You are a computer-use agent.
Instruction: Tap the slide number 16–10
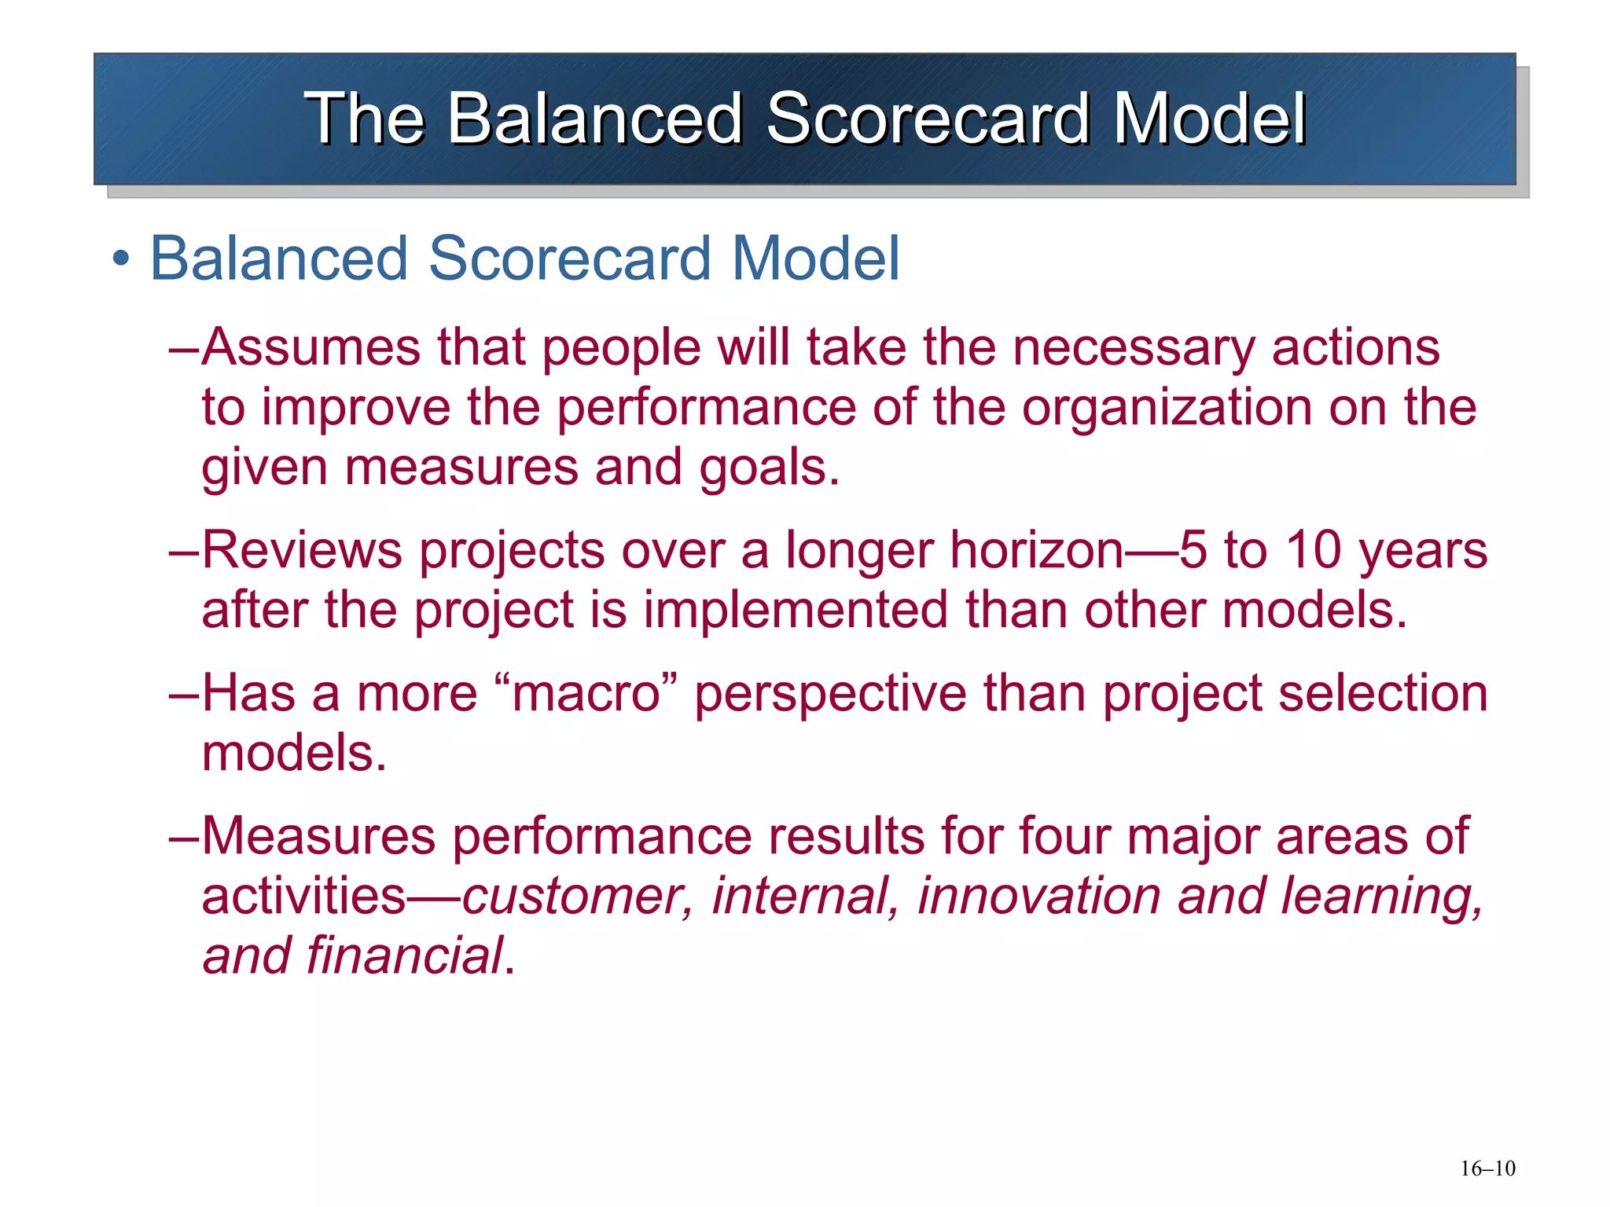tap(1487, 1168)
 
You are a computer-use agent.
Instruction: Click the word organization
tap(1167, 407)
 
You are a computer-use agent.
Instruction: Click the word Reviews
tap(302, 550)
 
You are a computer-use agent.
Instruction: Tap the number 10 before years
tap(1313, 550)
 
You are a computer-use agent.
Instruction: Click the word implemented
tap(796, 611)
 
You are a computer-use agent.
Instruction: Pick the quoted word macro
tap(586, 694)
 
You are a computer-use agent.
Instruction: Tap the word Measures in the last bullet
tap(318, 835)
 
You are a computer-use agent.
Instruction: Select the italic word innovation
tap(1038, 897)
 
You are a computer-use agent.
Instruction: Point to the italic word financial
tap(404, 956)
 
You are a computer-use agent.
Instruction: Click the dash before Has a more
tap(185, 694)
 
